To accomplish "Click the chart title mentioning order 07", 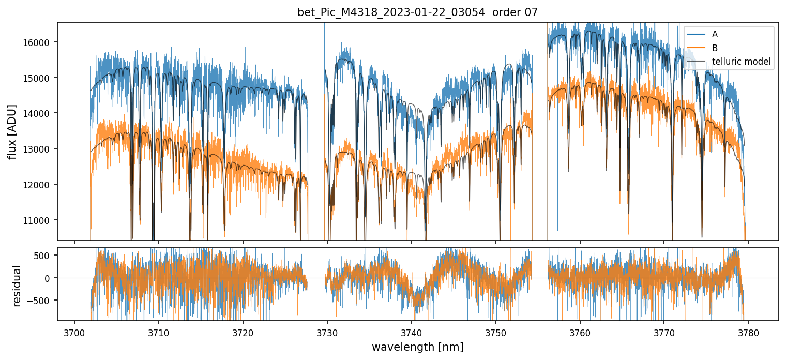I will click(x=417, y=12).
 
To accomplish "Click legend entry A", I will click(x=715, y=34).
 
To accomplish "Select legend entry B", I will click(x=715, y=48).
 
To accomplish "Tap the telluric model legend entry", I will click(x=741, y=62).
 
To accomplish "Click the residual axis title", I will click(x=17, y=286).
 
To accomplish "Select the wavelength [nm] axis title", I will click(x=417, y=347).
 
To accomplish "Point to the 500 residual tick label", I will click(x=46, y=256).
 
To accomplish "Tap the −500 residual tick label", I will click(x=43, y=301).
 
